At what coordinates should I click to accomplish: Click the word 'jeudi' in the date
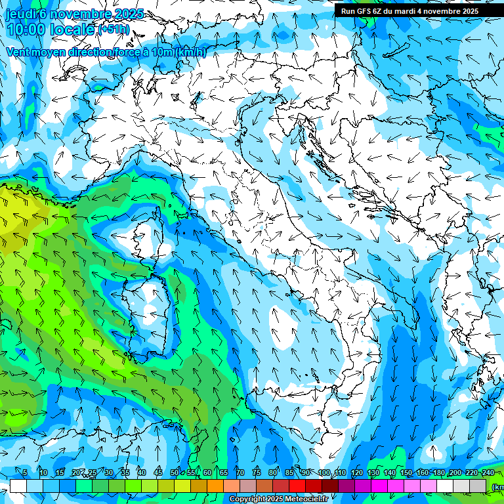(20, 14)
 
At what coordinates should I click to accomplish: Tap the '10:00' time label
(28, 30)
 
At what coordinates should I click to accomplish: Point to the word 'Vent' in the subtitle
(18, 52)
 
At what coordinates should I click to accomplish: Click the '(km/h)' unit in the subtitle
(191, 52)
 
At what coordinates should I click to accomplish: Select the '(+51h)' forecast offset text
(114, 30)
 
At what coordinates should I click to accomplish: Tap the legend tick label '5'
(25, 472)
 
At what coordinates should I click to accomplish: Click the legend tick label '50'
(174, 472)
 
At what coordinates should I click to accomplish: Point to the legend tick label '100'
(324, 472)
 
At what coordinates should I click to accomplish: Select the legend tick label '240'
(488, 472)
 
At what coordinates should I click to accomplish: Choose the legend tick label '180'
(438, 472)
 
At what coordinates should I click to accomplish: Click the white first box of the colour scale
(18, 486)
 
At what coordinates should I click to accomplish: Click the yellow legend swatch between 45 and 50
(165, 486)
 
